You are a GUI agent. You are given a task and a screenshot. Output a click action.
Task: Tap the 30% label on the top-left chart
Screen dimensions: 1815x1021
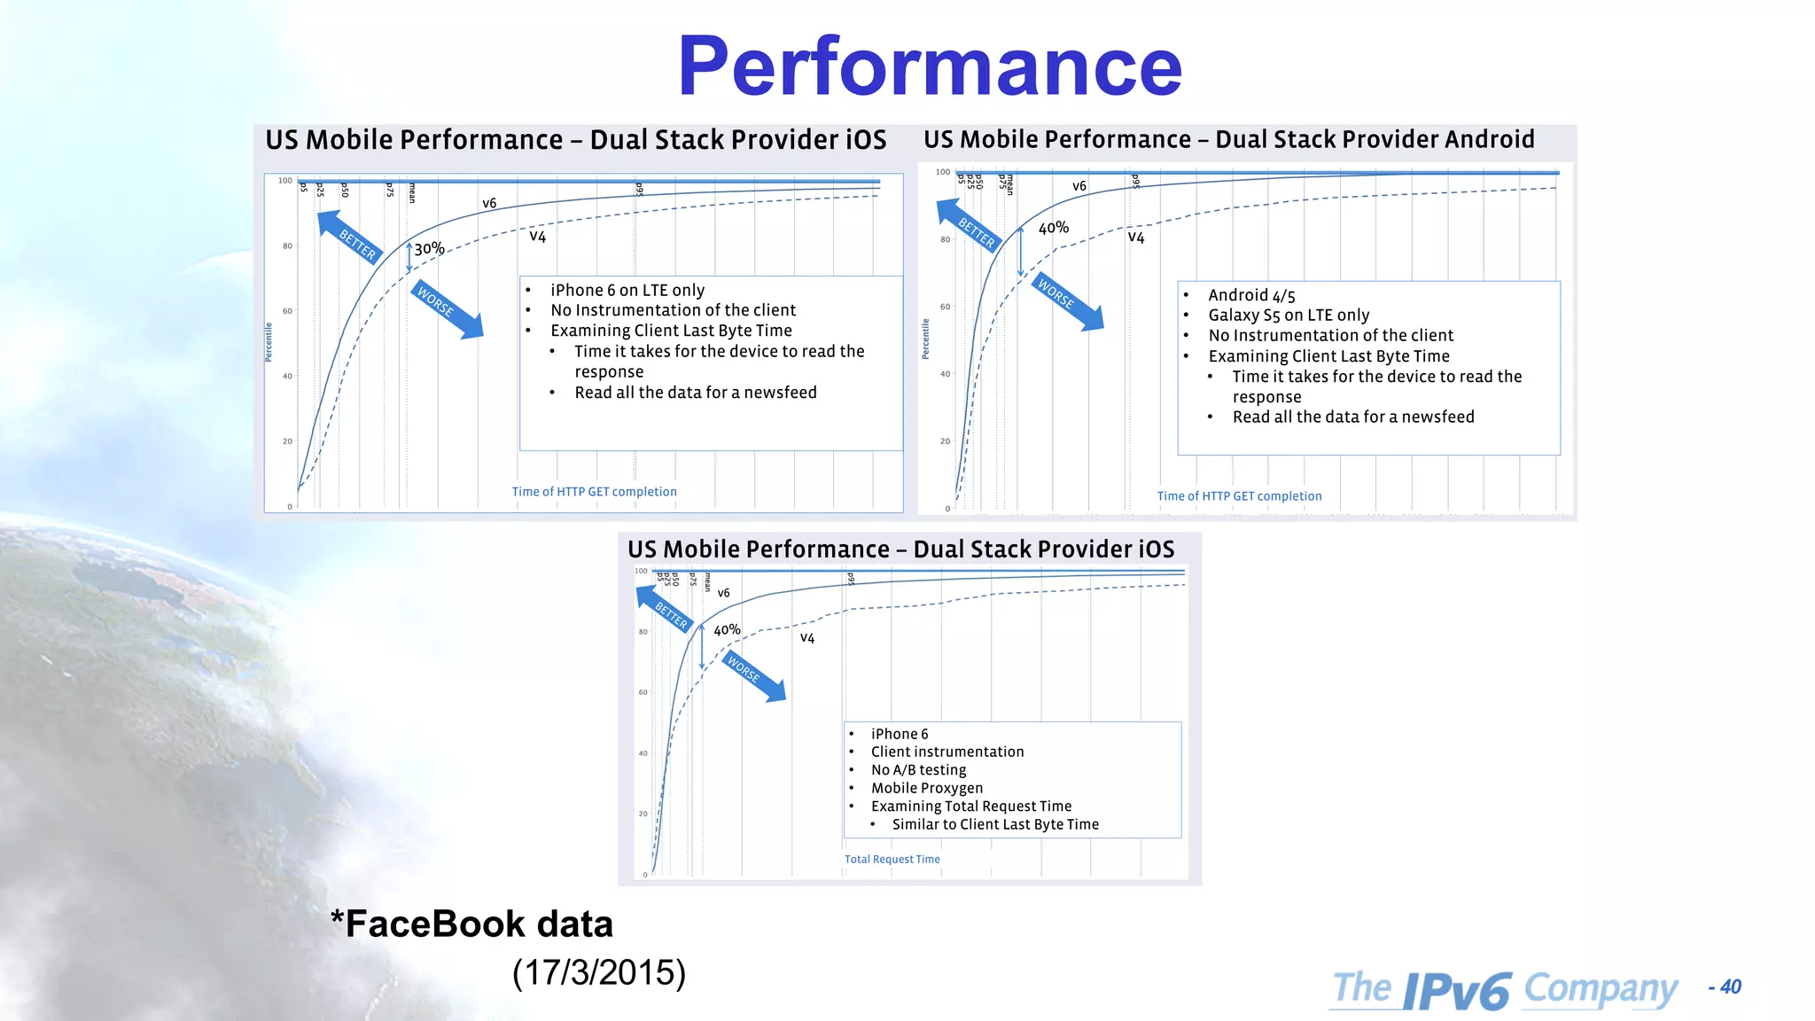(x=429, y=249)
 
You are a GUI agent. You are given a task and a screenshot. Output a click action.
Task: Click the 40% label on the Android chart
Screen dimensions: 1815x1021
(x=1054, y=228)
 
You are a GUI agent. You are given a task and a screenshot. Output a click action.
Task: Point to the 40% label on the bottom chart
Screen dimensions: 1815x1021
(x=727, y=630)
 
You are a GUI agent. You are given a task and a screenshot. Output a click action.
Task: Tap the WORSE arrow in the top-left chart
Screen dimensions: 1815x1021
(x=446, y=309)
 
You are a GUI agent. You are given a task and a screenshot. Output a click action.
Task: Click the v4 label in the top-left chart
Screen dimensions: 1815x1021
(x=538, y=237)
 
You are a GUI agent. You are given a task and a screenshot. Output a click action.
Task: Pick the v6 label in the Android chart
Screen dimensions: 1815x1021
(x=1079, y=186)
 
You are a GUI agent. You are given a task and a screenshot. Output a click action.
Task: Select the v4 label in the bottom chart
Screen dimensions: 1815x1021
(x=806, y=638)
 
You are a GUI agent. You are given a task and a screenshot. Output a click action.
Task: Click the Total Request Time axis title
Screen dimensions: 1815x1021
(x=892, y=859)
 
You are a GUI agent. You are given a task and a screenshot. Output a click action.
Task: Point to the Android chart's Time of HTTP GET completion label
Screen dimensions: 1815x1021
(x=1239, y=496)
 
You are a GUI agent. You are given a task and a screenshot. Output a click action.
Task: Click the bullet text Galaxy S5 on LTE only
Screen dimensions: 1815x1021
(x=1289, y=316)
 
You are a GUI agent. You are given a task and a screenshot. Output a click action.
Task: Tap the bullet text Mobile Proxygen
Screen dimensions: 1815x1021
(x=926, y=788)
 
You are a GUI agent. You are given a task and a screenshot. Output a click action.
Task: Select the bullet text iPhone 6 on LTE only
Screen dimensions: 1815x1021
(x=627, y=290)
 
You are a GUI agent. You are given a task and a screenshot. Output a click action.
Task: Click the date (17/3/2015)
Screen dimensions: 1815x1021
(x=599, y=972)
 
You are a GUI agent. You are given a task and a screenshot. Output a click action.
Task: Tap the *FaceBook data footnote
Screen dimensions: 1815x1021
(x=471, y=924)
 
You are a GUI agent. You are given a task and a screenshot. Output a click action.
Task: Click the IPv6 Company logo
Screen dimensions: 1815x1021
(x=1505, y=989)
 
